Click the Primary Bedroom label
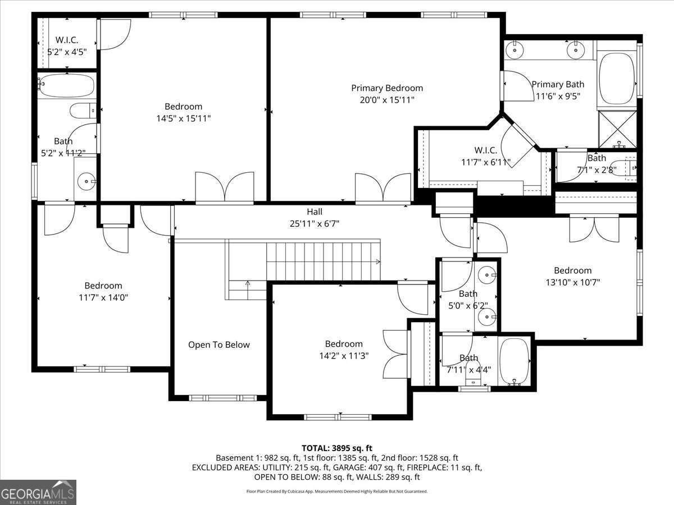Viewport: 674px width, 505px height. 387,88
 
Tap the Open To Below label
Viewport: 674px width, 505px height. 218,345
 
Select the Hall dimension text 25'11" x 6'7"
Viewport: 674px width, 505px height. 315,223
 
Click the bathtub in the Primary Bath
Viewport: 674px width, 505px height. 616,78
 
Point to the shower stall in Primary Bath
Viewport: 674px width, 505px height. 617,128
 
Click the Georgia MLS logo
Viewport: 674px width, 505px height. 38,492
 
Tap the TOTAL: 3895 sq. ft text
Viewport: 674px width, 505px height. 337,448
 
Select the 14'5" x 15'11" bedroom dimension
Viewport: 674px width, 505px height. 183,118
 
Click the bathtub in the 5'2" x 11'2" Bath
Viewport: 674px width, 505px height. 66,86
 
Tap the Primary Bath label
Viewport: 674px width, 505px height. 558,84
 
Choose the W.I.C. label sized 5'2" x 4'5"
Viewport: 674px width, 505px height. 66,40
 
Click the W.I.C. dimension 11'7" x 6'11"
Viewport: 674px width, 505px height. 485,162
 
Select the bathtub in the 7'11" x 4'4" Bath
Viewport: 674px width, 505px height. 514,361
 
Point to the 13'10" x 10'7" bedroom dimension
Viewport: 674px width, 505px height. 572,282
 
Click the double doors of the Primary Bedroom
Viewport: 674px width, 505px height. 382,187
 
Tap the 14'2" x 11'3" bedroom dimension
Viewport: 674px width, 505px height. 343,356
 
